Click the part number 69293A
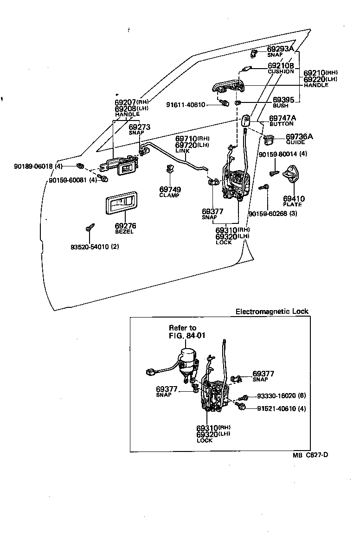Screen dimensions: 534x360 [x=280, y=49]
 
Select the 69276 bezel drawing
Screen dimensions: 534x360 [x=122, y=204]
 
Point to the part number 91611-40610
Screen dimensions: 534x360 [x=186, y=105]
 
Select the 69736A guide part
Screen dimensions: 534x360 [x=269, y=138]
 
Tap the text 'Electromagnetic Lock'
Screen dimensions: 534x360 [x=272, y=311]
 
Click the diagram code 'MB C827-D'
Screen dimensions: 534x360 [x=310, y=455]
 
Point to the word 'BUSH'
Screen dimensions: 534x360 [x=280, y=106]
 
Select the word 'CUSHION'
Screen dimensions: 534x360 [x=281, y=72]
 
